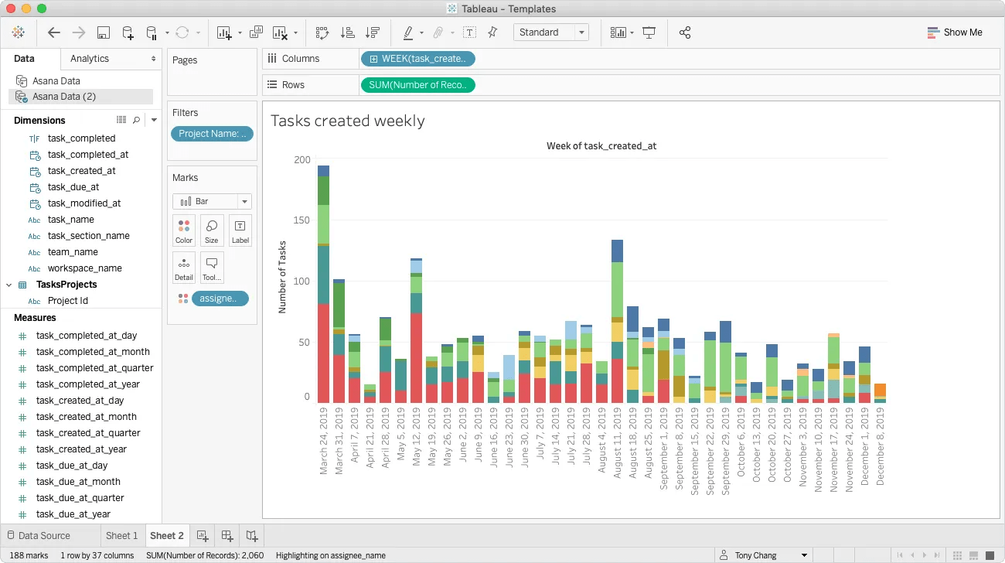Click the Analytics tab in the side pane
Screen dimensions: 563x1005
(x=90, y=59)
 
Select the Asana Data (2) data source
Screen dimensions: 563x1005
(x=63, y=97)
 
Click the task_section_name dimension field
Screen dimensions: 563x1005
(x=88, y=236)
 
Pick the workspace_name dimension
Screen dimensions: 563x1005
(x=84, y=268)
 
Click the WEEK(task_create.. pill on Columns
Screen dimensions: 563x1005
(x=417, y=59)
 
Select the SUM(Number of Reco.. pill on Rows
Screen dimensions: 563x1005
(x=417, y=85)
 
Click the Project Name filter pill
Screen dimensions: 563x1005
(x=212, y=134)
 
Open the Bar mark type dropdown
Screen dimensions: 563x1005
(x=212, y=201)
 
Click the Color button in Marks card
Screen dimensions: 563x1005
(x=184, y=230)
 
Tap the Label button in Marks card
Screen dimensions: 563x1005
(x=240, y=230)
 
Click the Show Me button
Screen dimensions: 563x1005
(x=955, y=32)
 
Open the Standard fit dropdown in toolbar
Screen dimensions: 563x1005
(x=550, y=32)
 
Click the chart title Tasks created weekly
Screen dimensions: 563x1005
(x=347, y=121)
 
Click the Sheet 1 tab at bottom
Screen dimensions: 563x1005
(x=121, y=535)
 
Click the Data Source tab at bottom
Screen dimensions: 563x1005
(x=44, y=535)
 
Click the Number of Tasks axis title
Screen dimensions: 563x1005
(x=282, y=276)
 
